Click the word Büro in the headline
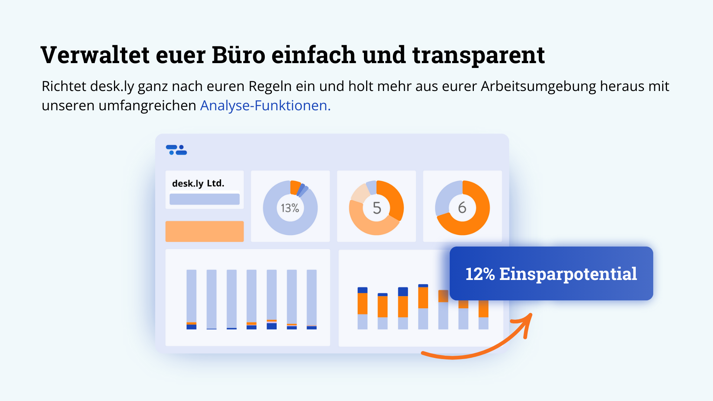[238, 55]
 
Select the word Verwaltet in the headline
[95, 55]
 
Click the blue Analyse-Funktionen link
[265, 106]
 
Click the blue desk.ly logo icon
[176, 150]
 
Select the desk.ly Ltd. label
[198, 183]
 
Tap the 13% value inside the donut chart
[290, 208]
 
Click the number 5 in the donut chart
[377, 208]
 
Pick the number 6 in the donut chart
[462, 208]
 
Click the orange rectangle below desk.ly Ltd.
[204, 231]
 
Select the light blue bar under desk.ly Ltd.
[204, 199]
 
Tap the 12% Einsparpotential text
[551, 274]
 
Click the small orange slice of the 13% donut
[295, 187]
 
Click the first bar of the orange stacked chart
[362, 308]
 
